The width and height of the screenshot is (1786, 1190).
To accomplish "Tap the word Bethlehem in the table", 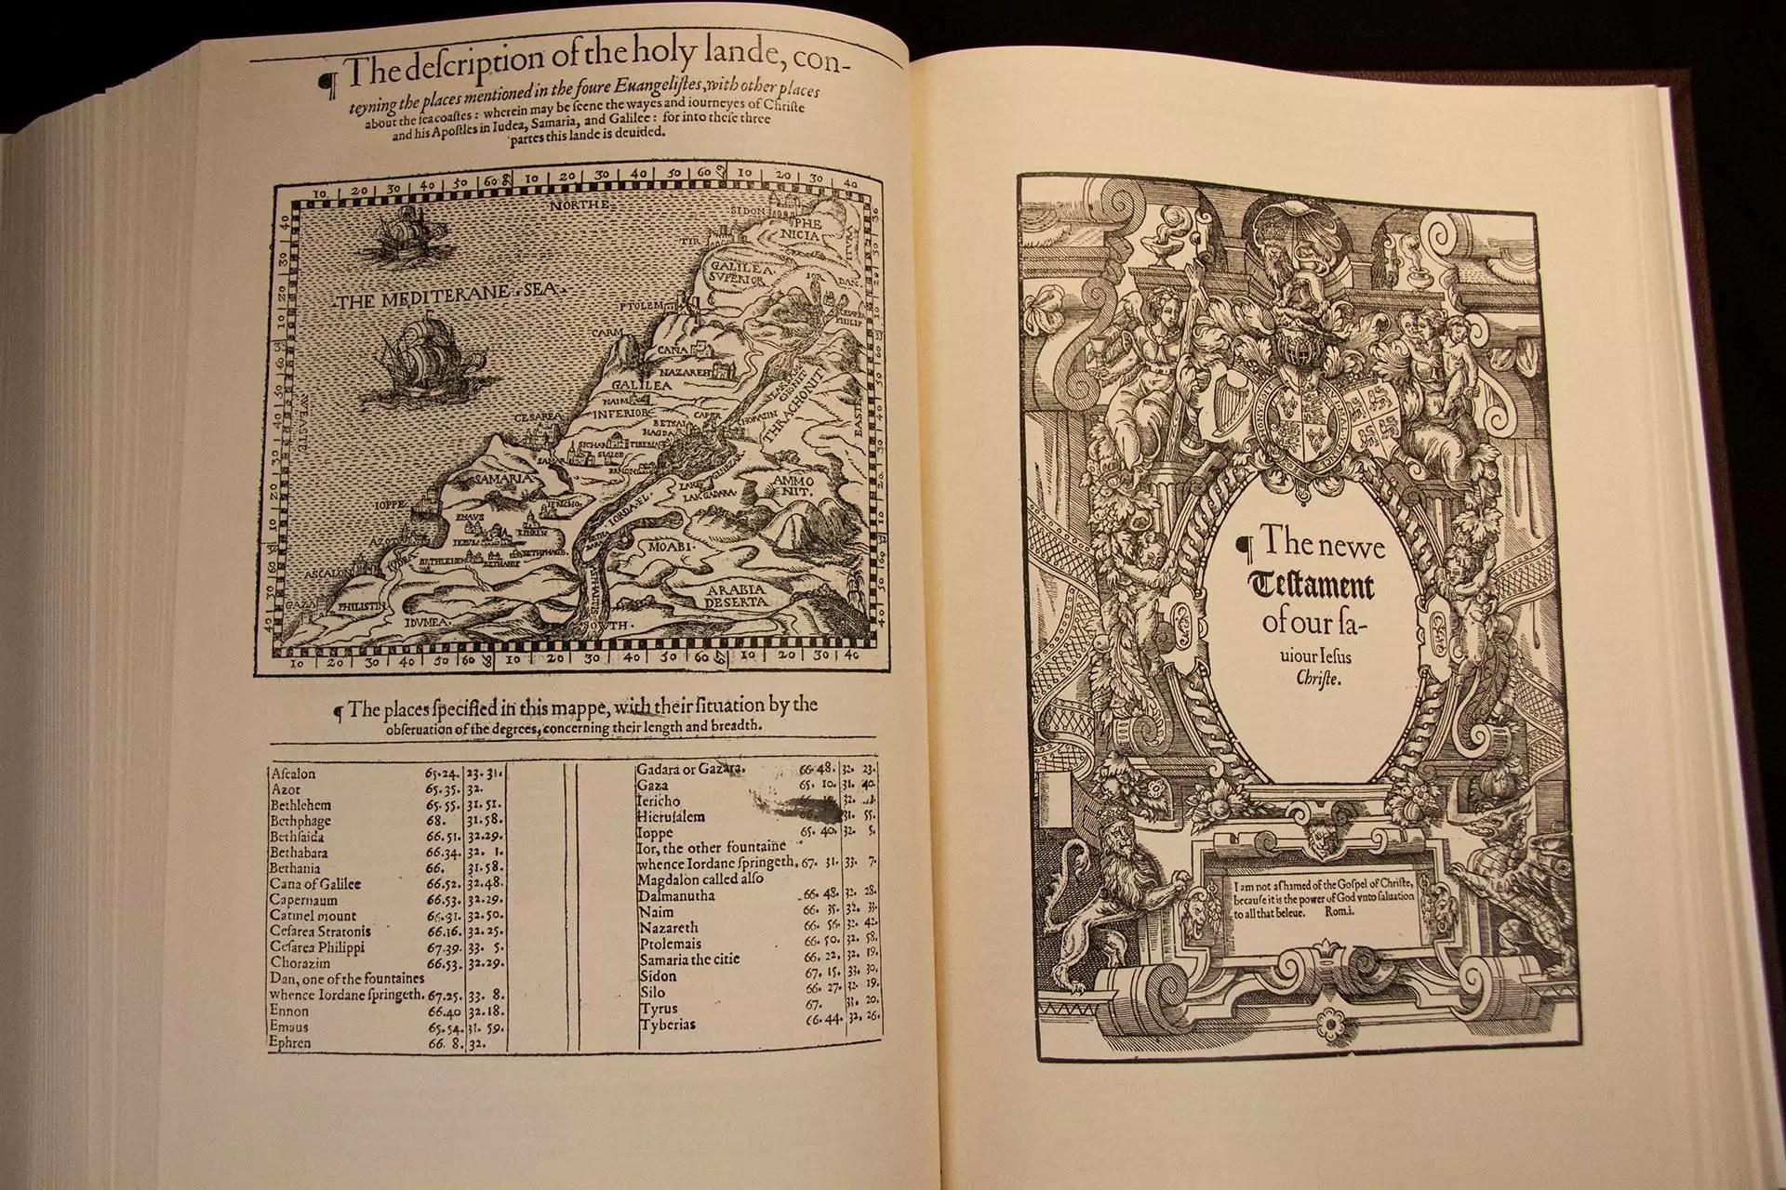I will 300,805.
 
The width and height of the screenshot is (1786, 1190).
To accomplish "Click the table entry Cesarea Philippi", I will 317,947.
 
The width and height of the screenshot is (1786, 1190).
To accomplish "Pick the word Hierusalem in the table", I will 670,817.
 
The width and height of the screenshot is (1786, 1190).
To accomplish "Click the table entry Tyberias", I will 667,1025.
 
